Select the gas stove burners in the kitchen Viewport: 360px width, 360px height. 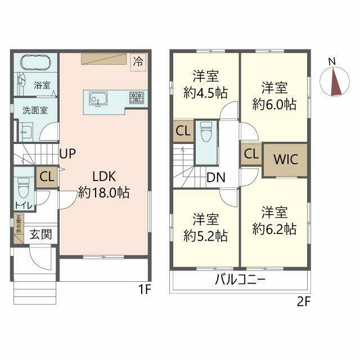coord(135,98)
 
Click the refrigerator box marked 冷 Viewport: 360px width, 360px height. coord(137,62)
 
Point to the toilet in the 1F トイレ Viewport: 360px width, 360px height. coord(23,185)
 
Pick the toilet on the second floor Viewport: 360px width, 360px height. coord(205,133)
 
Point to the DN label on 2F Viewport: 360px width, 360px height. coord(215,178)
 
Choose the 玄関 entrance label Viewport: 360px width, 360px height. coord(41,233)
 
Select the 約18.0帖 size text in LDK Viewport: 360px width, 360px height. coord(104,193)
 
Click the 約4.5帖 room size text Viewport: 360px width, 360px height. coord(205,92)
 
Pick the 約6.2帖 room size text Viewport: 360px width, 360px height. coord(274,229)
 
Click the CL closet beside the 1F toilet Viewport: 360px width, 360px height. coord(47,177)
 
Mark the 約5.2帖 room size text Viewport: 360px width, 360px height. coord(205,236)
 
